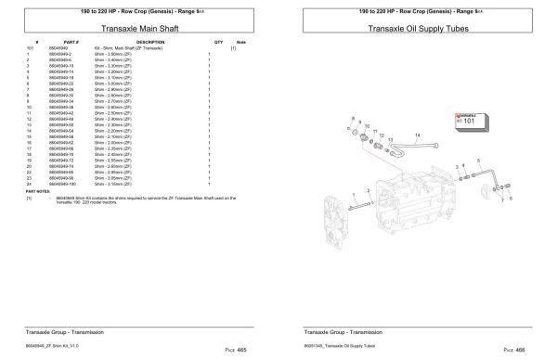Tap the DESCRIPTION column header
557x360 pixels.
point(150,43)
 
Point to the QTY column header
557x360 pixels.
point(218,43)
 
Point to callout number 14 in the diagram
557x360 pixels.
point(417,135)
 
